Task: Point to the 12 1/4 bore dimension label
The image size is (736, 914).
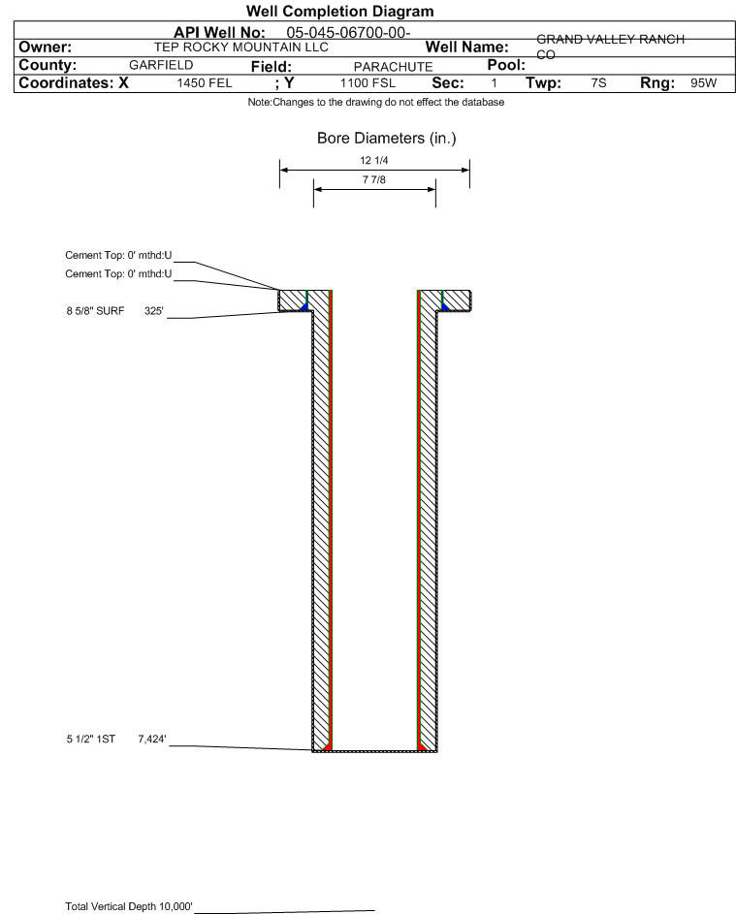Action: pos(374,160)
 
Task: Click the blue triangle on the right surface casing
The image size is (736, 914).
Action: pos(445,305)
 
